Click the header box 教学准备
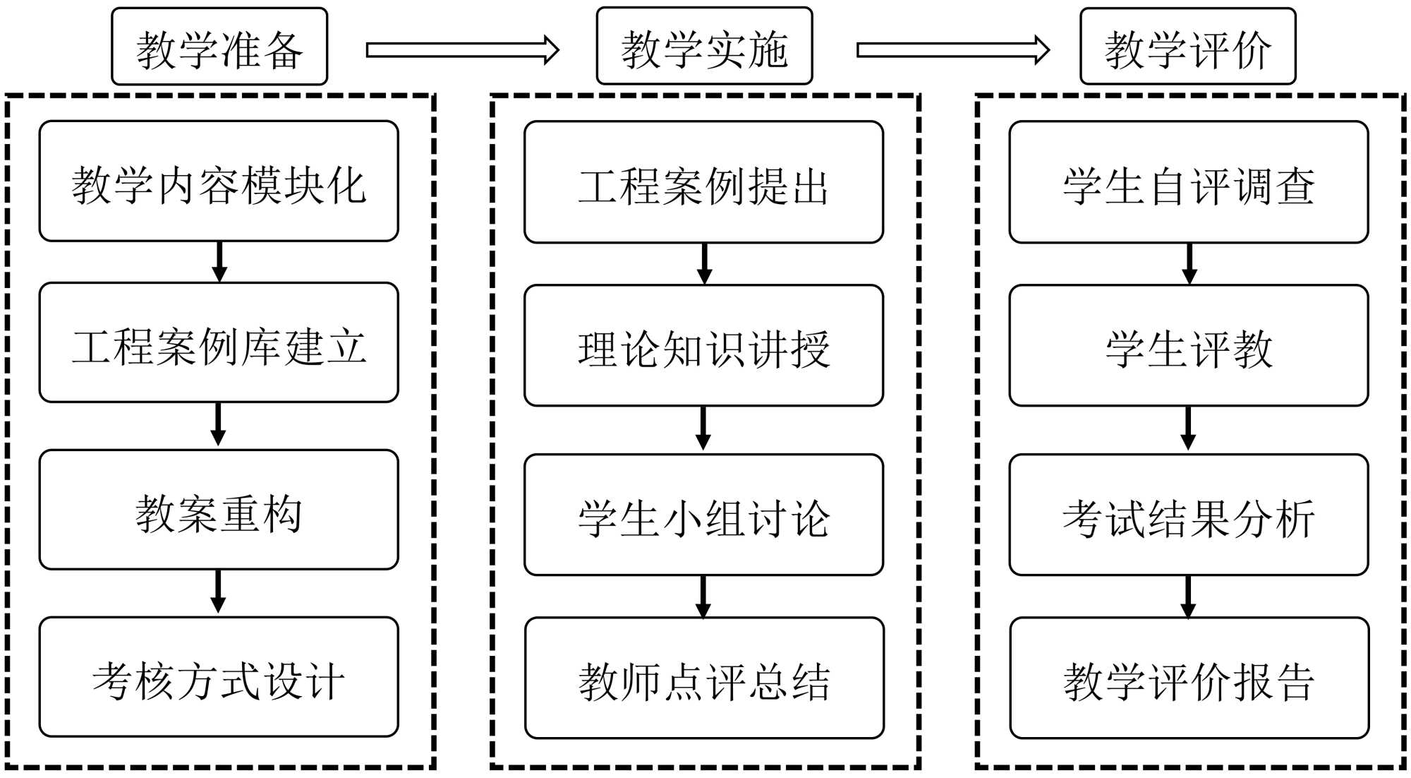coord(219,47)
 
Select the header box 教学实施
coord(704,47)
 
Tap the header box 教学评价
coord(1188,47)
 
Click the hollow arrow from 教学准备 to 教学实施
coord(463,50)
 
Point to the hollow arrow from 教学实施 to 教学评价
coord(953,50)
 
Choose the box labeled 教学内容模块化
coord(219,181)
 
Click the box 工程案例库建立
coord(219,343)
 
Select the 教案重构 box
coord(219,510)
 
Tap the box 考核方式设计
coord(219,677)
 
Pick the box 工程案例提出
coord(703,182)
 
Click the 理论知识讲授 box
coord(703,346)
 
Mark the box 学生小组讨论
coord(703,515)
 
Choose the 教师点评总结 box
coord(704,678)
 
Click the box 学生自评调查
coord(1189,182)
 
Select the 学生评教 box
coord(1189,346)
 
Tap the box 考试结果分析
coord(1189,515)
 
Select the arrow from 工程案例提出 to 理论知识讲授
coord(704,264)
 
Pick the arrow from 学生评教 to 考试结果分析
coord(1189,429)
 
